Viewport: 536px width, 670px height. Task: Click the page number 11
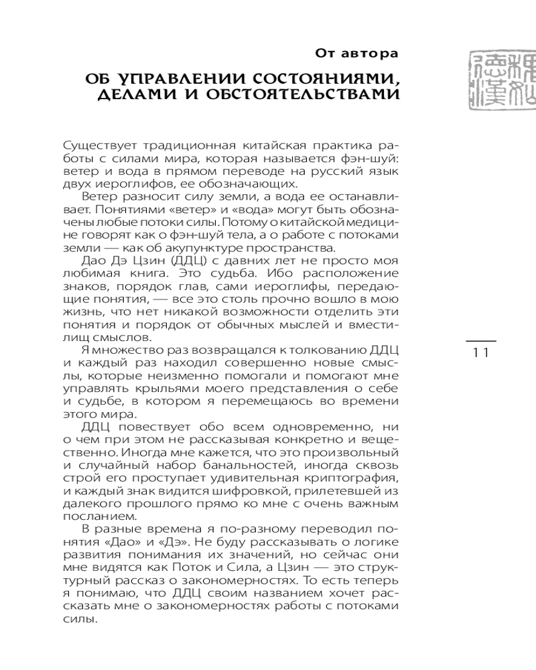pyautogui.click(x=480, y=353)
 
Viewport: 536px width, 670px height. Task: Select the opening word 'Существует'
pyautogui.click(x=91, y=147)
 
